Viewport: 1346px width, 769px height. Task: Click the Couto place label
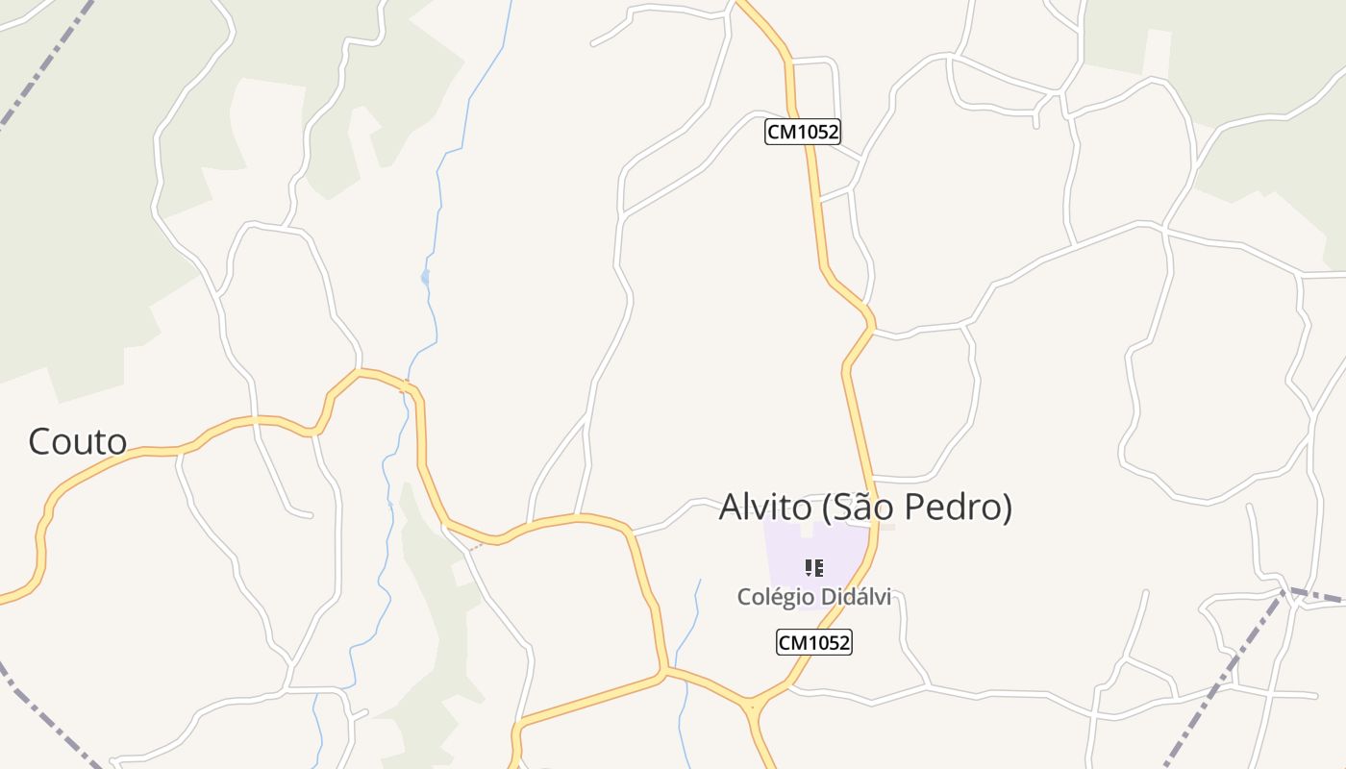pyautogui.click(x=78, y=441)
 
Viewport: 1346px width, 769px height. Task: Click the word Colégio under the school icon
pyautogui.click(x=772, y=597)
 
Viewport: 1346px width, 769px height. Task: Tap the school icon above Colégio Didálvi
pyautogui.click(x=813, y=567)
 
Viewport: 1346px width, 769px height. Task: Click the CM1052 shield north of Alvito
pyautogui.click(x=803, y=132)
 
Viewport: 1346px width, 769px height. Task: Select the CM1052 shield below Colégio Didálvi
pyautogui.click(x=813, y=642)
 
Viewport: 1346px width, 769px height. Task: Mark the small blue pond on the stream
pyautogui.click(x=425, y=278)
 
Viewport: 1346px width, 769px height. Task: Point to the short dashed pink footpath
pyautogui.click(x=474, y=547)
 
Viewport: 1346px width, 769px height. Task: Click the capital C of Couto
pyautogui.click(x=39, y=442)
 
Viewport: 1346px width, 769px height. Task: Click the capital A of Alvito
pyautogui.click(x=733, y=508)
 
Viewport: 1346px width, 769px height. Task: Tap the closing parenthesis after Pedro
pyautogui.click(x=1007, y=508)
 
